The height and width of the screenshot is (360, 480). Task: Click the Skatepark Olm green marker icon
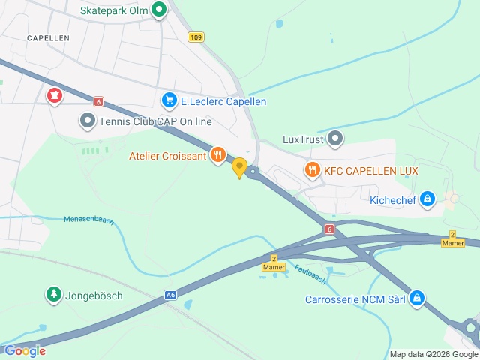tap(159, 10)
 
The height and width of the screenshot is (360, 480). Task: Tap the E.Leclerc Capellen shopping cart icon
tap(169, 100)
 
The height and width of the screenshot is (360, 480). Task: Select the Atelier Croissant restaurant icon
tap(218, 155)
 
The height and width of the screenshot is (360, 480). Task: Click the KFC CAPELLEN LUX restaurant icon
tap(312, 170)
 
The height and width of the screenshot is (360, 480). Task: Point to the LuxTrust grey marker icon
tap(335, 138)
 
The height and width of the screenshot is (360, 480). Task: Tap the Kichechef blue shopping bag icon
tap(427, 199)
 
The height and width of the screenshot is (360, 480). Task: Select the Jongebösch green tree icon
tap(53, 295)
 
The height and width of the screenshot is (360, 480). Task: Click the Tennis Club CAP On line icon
tap(88, 121)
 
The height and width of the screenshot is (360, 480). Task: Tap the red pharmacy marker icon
tap(55, 95)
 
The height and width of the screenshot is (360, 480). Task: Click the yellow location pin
tap(239, 167)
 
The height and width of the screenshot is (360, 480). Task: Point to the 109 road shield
tap(196, 37)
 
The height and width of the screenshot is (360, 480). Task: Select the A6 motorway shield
tap(171, 296)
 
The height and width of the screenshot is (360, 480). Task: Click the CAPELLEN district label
tap(48, 37)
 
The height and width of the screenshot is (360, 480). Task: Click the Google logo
tap(25, 350)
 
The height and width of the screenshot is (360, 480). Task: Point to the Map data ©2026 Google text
tap(433, 354)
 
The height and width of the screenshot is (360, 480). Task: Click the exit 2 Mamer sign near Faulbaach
tap(274, 262)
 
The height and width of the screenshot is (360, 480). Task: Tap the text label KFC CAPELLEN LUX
tap(370, 171)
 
